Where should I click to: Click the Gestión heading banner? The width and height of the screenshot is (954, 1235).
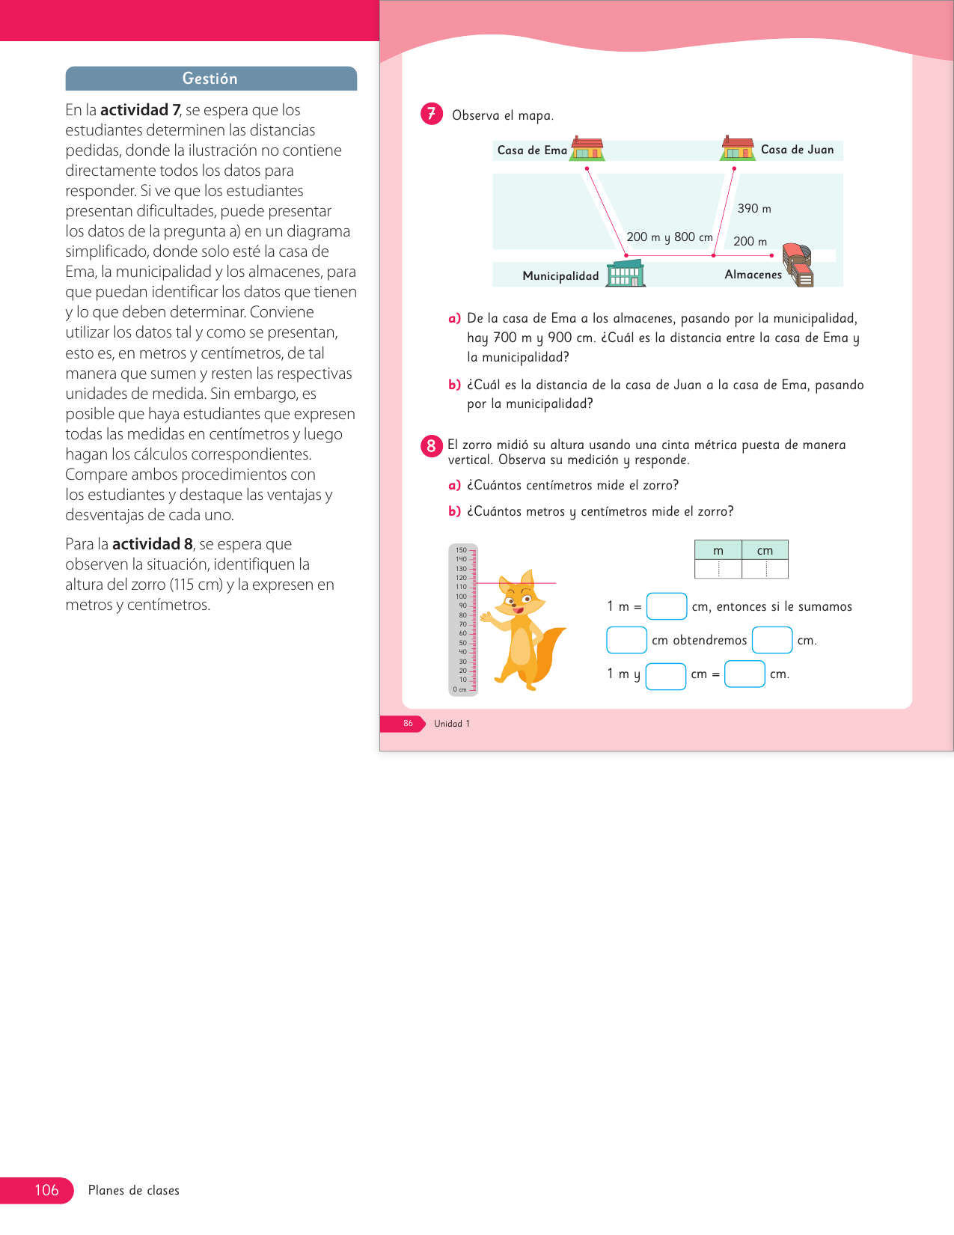pyautogui.click(x=211, y=79)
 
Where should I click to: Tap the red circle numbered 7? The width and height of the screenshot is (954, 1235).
pyautogui.click(x=432, y=114)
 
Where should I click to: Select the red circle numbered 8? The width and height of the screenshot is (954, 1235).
pyautogui.click(x=431, y=446)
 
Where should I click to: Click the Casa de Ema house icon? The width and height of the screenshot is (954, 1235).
pyautogui.click(x=587, y=148)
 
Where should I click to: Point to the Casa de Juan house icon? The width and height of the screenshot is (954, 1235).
pyautogui.click(x=738, y=148)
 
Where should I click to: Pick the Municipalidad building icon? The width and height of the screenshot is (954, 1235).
pyautogui.click(x=626, y=274)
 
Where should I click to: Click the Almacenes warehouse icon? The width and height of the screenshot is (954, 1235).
pyautogui.click(x=798, y=265)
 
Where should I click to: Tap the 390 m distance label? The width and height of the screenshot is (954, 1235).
pyautogui.click(x=754, y=209)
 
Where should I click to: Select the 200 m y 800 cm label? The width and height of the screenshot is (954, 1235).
pyautogui.click(x=670, y=237)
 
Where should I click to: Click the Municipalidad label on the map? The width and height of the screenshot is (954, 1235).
pyautogui.click(x=560, y=276)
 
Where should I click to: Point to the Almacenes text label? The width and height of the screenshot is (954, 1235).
pyautogui.click(x=753, y=275)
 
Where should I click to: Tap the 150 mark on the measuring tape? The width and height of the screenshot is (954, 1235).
pyautogui.click(x=461, y=550)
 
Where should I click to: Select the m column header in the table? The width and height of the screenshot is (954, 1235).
pyautogui.click(x=718, y=550)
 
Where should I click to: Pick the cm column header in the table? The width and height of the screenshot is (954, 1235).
pyautogui.click(x=765, y=550)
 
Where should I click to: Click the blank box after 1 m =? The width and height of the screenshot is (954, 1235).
pyautogui.click(x=667, y=606)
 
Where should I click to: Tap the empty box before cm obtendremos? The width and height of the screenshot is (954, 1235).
pyautogui.click(x=626, y=640)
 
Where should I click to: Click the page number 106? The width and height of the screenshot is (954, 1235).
pyautogui.click(x=46, y=1190)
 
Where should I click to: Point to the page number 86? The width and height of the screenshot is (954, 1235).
pyautogui.click(x=408, y=724)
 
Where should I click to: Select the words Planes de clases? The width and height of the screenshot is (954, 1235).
pyautogui.click(x=134, y=1190)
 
